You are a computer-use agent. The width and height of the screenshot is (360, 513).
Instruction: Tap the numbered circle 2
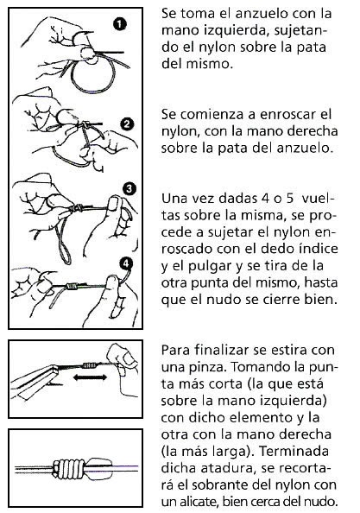127,123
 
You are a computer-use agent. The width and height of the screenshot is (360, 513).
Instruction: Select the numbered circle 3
129,188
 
